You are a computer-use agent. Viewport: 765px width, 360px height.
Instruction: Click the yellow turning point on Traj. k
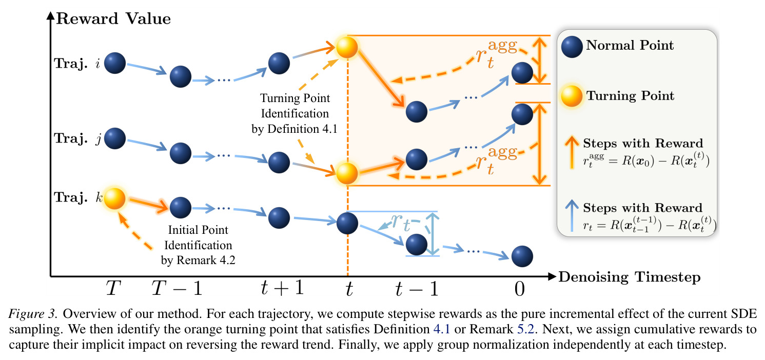click(114, 198)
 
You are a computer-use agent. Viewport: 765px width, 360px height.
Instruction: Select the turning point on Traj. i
click(347, 47)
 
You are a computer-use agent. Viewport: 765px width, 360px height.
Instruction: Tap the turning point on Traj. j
click(347, 173)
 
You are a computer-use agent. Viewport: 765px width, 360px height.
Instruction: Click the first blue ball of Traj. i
click(115, 63)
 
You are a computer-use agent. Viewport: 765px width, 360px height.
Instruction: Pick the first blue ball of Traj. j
click(115, 138)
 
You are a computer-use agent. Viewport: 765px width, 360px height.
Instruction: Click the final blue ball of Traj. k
click(522, 256)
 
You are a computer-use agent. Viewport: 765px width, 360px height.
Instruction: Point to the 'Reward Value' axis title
click(113, 18)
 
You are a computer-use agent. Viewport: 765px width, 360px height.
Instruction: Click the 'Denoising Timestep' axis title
click(630, 277)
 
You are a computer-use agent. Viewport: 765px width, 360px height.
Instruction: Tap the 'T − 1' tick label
click(177, 288)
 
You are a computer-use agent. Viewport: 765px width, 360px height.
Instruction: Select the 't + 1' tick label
click(282, 288)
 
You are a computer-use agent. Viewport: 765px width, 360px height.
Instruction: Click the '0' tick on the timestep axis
click(519, 289)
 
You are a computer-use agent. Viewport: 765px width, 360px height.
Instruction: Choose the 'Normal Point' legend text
click(630, 45)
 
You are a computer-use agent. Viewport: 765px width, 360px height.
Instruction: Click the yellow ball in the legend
click(572, 96)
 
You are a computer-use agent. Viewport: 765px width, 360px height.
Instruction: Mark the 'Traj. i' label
click(77, 64)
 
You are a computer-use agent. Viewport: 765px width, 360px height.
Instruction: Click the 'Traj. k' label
click(79, 197)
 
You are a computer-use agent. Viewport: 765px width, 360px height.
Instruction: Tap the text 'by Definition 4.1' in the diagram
click(295, 129)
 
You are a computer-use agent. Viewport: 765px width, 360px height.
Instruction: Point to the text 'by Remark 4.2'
click(198, 261)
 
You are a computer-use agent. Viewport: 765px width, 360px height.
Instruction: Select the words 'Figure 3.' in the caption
click(32, 314)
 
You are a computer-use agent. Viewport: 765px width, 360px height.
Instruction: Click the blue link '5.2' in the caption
click(525, 329)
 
